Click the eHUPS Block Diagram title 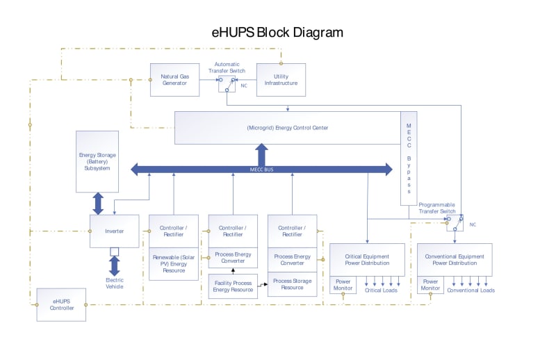(277, 33)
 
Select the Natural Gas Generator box (174, 79)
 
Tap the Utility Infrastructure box (281, 79)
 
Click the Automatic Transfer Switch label (227, 68)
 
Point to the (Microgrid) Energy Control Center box (287, 128)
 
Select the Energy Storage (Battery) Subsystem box (97, 161)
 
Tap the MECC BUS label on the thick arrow (263, 169)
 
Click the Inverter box (114, 231)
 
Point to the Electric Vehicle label (114, 283)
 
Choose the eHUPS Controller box (61, 304)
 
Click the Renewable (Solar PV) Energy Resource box (174, 263)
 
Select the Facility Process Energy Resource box (233, 286)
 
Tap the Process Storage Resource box (292, 284)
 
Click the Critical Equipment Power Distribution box (367, 260)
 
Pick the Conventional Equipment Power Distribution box (455, 260)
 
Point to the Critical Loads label (382, 290)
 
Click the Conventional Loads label (471, 290)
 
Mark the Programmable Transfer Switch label (436, 208)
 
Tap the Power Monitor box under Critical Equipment (343, 285)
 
